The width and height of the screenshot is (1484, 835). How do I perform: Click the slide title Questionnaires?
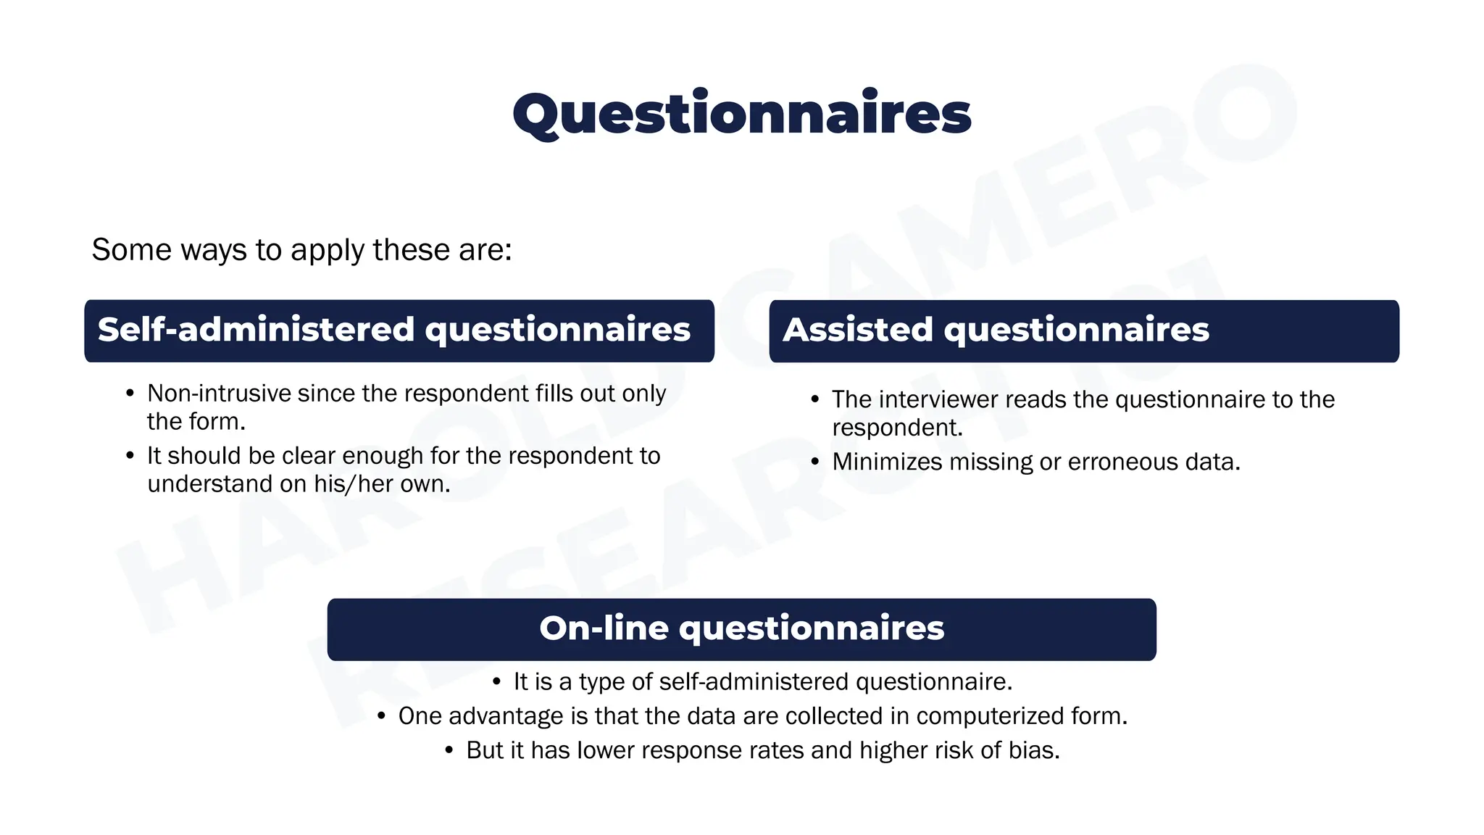coord(741,115)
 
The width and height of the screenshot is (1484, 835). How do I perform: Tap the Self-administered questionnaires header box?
coord(399,331)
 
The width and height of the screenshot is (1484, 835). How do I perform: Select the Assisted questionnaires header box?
coord(1083,331)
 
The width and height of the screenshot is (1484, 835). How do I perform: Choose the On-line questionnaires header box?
coord(741,629)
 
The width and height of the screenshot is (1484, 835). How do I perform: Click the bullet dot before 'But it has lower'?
coord(450,750)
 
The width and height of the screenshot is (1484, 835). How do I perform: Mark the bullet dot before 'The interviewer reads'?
coord(815,399)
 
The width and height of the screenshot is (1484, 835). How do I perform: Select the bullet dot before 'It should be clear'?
coord(130,456)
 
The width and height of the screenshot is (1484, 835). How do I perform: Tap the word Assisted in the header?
coord(857,331)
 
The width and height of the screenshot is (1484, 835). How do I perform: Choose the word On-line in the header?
coord(604,628)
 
